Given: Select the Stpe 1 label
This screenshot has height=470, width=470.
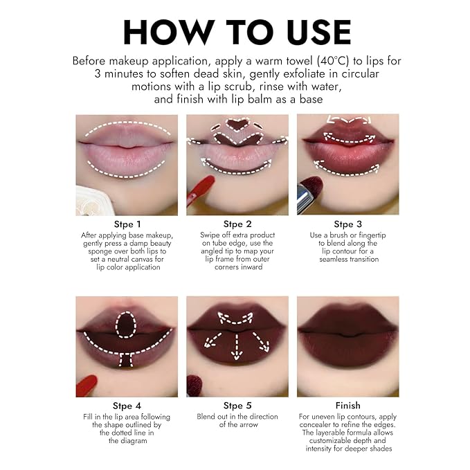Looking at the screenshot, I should (x=127, y=224).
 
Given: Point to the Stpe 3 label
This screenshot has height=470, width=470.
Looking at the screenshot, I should (x=347, y=224).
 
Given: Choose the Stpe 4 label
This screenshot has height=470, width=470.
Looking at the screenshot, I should (x=127, y=406).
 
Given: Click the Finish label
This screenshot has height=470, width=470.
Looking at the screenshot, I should (x=347, y=406).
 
